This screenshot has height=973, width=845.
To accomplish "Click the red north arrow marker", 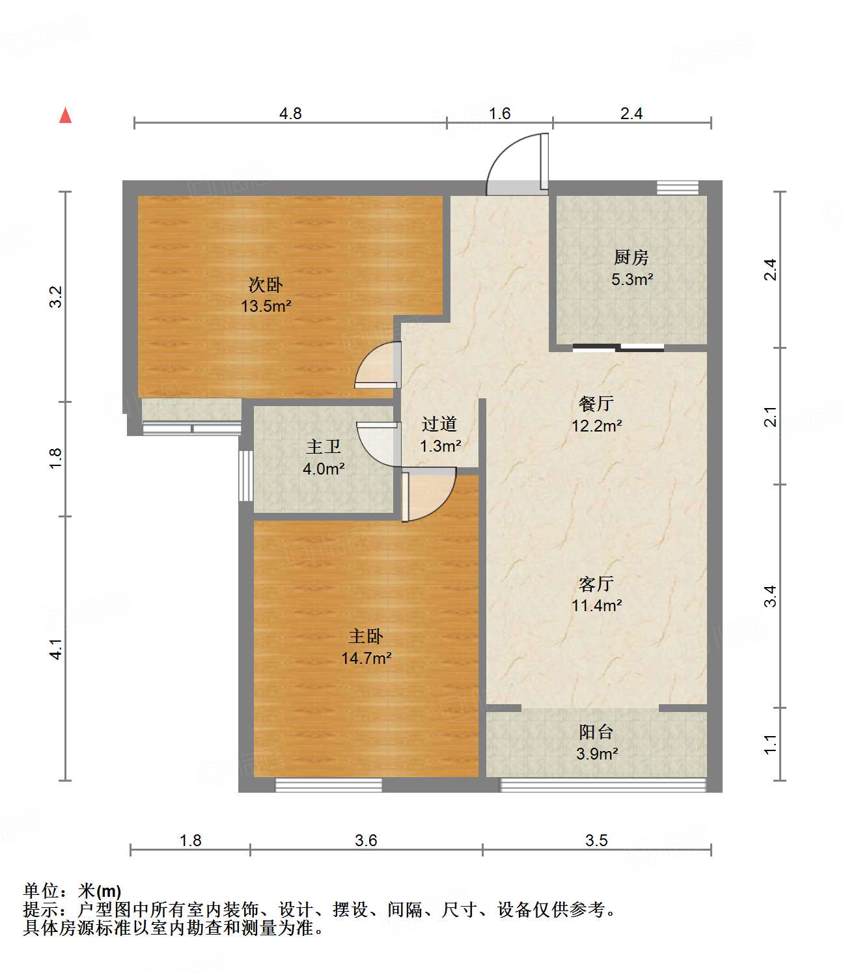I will coord(65,115).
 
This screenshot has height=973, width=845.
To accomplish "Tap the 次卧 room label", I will coord(266,284).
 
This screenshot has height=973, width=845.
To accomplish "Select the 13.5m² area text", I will coord(266,306).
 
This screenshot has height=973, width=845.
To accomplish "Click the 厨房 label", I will coord(631,258).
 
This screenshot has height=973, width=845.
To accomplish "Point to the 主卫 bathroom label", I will coord(324,447).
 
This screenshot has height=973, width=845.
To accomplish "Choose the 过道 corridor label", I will coord(439,424).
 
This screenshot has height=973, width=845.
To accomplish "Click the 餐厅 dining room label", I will coord(596,404).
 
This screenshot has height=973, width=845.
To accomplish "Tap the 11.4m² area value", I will coord(596,606).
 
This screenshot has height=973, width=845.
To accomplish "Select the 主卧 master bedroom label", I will coord(366,637).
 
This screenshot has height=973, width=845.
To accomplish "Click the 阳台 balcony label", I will coord(596,732).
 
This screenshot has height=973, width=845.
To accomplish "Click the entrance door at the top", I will coord(518,166).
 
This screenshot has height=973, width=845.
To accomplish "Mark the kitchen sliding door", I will coord(618,348).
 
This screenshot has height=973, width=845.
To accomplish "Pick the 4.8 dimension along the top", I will coord(290,114).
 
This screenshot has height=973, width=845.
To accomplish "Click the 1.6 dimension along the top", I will coord(499,114).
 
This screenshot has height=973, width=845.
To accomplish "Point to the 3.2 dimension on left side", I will coord(57,297).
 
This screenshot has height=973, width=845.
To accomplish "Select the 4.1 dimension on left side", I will coord(57,649).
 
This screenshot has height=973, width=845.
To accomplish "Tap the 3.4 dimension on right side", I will coord(770,596).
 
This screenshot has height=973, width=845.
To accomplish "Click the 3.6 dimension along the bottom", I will coord(366,841).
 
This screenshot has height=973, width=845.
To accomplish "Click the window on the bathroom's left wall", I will coord(245,476).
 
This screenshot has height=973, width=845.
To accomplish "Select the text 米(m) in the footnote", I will coord(100,891).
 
